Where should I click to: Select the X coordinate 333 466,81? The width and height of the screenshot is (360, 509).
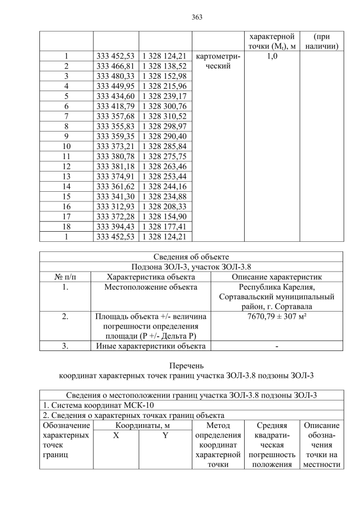tap(115, 66)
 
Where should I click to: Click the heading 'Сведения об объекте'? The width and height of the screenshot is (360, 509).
tap(191, 256)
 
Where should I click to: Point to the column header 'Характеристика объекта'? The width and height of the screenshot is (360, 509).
tap(151, 277)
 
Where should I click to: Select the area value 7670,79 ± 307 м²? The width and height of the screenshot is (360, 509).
tap(277, 317)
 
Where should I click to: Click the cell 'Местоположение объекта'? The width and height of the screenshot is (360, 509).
tap(151, 287)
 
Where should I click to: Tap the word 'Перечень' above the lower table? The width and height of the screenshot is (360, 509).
tap(191, 366)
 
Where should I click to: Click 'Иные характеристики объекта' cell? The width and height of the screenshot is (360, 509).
tap(151, 346)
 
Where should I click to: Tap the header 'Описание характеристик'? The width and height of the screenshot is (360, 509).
tap(277, 277)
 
